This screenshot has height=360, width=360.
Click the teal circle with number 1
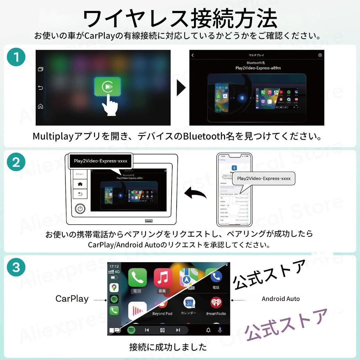(x=16, y=57)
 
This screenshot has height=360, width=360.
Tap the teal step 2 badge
(x=16, y=162)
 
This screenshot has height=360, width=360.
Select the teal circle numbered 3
(x=16, y=267)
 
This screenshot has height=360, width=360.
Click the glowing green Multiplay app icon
(x=107, y=87)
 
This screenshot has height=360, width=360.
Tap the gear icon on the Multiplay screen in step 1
(x=320, y=55)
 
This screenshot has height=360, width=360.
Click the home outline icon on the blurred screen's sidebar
(x=41, y=107)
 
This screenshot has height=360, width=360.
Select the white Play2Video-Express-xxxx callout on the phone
(x=263, y=178)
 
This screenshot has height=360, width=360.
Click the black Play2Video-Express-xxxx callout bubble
(x=100, y=161)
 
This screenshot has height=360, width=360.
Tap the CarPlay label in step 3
(x=72, y=299)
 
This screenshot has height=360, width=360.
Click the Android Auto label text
(x=281, y=299)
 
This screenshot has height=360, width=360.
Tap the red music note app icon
(x=163, y=278)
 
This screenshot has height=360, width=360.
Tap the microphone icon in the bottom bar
(x=220, y=330)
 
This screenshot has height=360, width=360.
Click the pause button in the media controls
(x=162, y=330)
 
